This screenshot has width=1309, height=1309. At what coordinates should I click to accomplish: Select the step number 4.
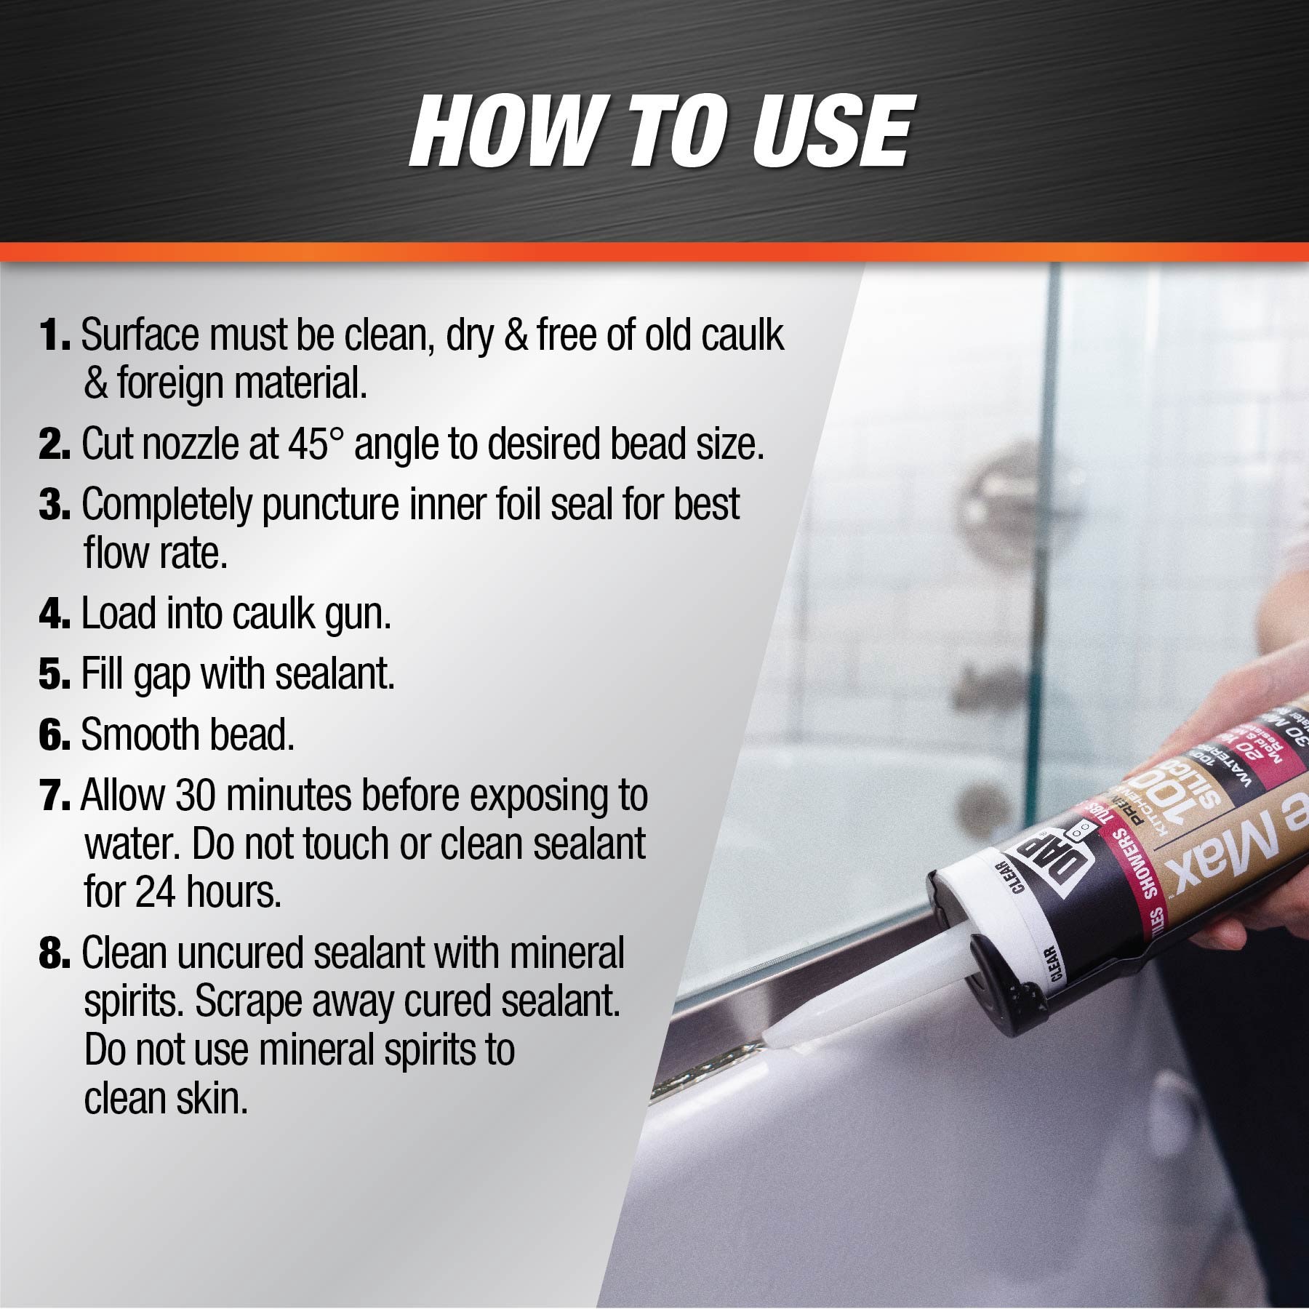coord(54,615)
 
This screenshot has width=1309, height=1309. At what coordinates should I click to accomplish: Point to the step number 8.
coord(54,953)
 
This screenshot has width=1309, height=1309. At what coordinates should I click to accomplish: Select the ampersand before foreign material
coord(95,384)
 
